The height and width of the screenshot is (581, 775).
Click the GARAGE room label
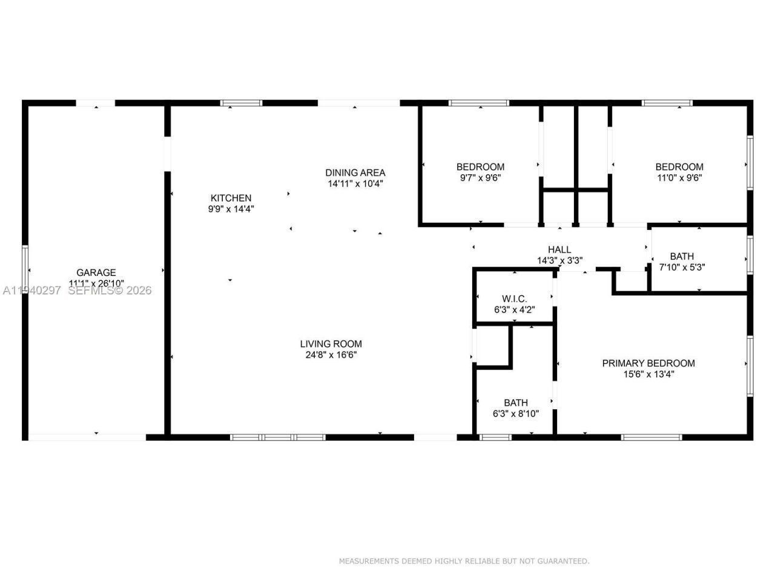(96, 272)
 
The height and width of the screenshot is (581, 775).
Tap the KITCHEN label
(231, 198)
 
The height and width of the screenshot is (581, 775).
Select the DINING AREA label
(355, 172)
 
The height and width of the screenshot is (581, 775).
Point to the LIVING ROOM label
(331, 344)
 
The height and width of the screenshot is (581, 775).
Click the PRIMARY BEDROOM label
(648, 363)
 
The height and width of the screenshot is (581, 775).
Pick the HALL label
(559, 249)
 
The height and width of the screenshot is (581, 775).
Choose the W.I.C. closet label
(514, 298)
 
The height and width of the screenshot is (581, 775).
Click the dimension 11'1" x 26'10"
(96, 283)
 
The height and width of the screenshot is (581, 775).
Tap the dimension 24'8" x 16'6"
(331, 355)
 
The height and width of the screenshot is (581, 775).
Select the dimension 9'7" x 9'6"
(480, 178)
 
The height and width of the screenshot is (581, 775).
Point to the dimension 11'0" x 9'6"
(679, 178)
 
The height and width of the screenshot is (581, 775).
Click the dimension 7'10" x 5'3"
(682, 267)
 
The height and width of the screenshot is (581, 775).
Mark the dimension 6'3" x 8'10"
(515, 414)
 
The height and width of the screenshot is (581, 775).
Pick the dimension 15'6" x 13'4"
(648, 374)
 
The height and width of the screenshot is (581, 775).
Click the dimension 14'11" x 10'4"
(355, 183)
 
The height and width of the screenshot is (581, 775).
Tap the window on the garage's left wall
(25, 268)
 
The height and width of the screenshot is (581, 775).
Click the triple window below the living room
(278, 437)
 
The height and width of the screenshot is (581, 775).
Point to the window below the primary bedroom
(651, 437)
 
